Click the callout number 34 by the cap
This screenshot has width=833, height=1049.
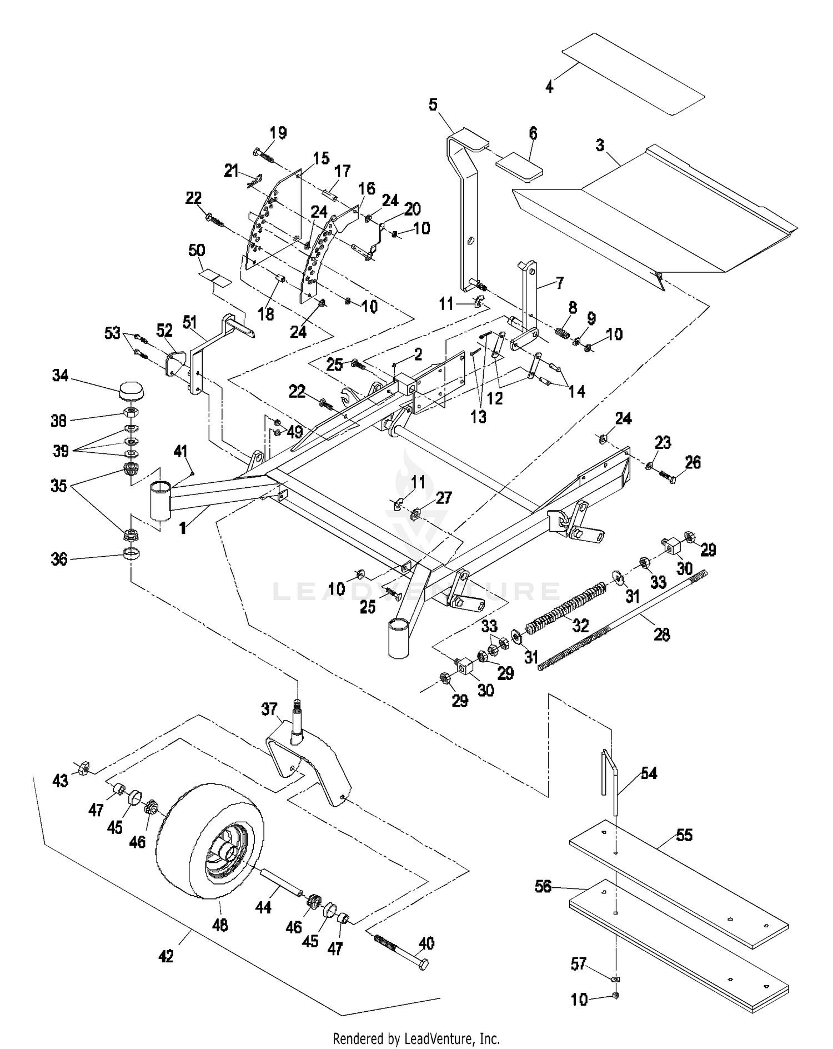pyautogui.click(x=60, y=376)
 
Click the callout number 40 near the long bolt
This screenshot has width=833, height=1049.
pyautogui.click(x=426, y=943)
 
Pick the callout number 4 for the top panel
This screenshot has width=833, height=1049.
pyautogui.click(x=549, y=87)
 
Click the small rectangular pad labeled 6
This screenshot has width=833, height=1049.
pyautogui.click(x=519, y=166)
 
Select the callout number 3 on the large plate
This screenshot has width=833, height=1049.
pyautogui.click(x=600, y=146)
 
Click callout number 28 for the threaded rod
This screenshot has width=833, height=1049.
pyautogui.click(x=662, y=634)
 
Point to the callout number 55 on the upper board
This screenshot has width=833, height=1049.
pyautogui.click(x=684, y=835)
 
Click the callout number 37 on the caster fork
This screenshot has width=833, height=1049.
pyautogui.click(x=269, y=710)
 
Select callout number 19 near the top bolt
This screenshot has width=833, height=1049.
pyautogui.click(x=278, y=133)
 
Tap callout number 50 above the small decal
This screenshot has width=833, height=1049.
pyautogui.click(x=197, y=251)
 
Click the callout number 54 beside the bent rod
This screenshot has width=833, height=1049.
pyautogui.click(x=649, y=773)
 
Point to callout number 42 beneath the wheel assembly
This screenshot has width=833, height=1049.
pyautogui.click(x=166, y=956)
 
